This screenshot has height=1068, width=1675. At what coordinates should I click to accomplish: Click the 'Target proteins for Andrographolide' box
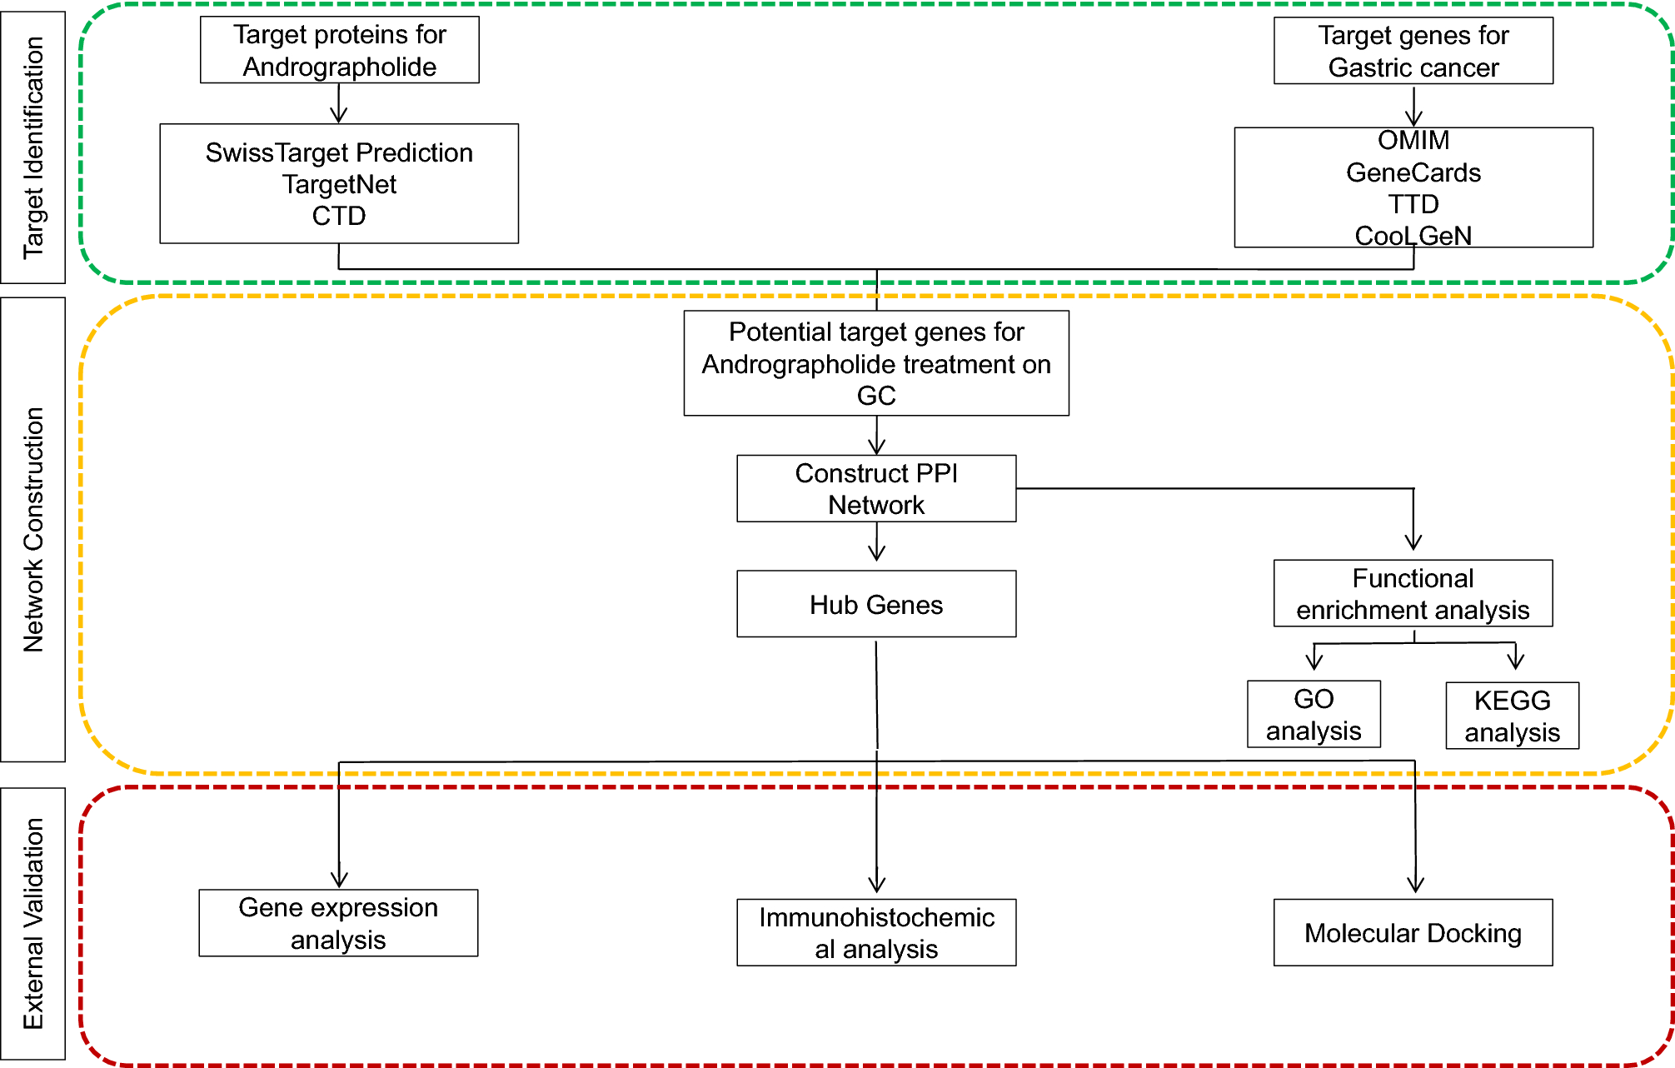(x=339, y=50)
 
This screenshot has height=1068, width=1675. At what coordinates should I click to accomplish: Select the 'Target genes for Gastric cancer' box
(x=1413, y=51)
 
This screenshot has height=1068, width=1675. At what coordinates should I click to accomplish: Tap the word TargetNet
(x=339, y=184)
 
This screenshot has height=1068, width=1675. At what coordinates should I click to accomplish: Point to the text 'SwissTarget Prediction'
(x=339, y=152)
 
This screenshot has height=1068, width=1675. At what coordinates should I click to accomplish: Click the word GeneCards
(x=1413, y=172)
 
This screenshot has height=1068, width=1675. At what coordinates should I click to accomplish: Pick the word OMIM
(x=1413, y=140)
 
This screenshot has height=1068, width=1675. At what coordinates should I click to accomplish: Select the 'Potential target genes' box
(x=876, y=363)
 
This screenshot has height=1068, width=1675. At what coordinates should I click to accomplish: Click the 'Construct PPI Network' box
(x=876, y=488)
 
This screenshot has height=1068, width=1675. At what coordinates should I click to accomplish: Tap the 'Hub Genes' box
(x=876, y=604)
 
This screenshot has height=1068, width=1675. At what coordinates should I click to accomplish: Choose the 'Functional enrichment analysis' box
(x=1413, y=593)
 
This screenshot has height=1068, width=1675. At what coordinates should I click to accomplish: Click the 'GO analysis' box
(x=1314, y=714)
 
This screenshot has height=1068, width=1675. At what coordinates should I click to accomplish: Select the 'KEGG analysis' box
(x=1512, y=716)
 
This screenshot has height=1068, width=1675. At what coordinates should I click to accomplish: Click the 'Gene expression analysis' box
(x=338, y=923)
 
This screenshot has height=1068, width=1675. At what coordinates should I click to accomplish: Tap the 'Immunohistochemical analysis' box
(x=876, y=932)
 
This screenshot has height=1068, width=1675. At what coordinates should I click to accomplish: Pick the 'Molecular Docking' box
(x=1413, y=932)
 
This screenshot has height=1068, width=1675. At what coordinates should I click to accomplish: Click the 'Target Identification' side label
(x=33, y=147)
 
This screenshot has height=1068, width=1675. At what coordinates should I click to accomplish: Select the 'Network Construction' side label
(x=33, y=529)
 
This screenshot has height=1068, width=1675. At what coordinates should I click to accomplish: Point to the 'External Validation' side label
(x=33, y=923)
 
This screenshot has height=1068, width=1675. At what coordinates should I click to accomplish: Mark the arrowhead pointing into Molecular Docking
(x=1415, y=885)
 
